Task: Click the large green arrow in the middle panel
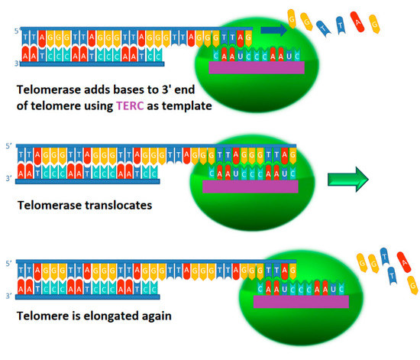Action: (x=348, y=180)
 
